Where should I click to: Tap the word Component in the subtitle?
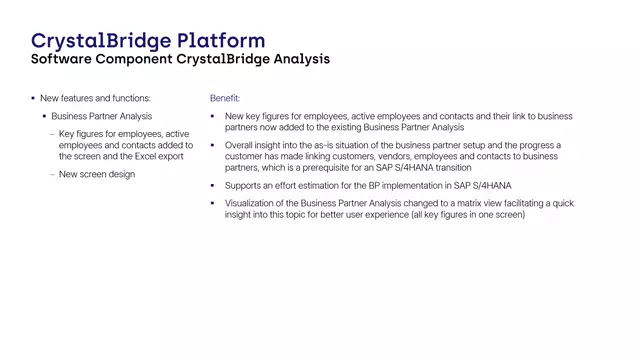click(x=137, y=60)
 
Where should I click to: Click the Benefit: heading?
click(x=225, y=98)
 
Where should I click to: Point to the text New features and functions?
click(x=96, y=98)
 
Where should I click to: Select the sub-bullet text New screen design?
click(x=97, y=174)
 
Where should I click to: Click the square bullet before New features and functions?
click(x=32, y=98)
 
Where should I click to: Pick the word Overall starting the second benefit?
click(x=241, y=145)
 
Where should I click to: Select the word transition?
click(x=447, y=168)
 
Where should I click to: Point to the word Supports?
click(x=244, y=186)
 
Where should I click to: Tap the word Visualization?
click(x=252, y=203)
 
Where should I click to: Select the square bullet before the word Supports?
click(x=214, y=186)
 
